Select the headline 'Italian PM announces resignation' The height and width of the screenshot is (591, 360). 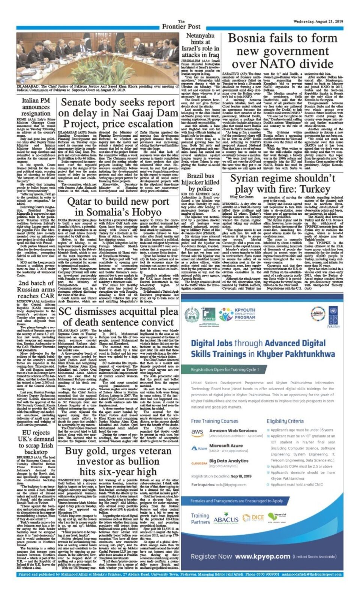pyautogui.click(x=36, y=107)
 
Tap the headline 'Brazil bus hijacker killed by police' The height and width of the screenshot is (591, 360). pyautogui.click(x=200, y=182)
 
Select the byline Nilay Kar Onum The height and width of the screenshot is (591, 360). pyautogui.click(x=242, y=197)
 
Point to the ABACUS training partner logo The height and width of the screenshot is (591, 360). pyautogui.click(x=226, y=519)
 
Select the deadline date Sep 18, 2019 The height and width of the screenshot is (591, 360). pyautogui.click(x=241, y=476)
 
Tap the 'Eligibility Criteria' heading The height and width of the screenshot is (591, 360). pyautogui.click(x=285, y=421)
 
